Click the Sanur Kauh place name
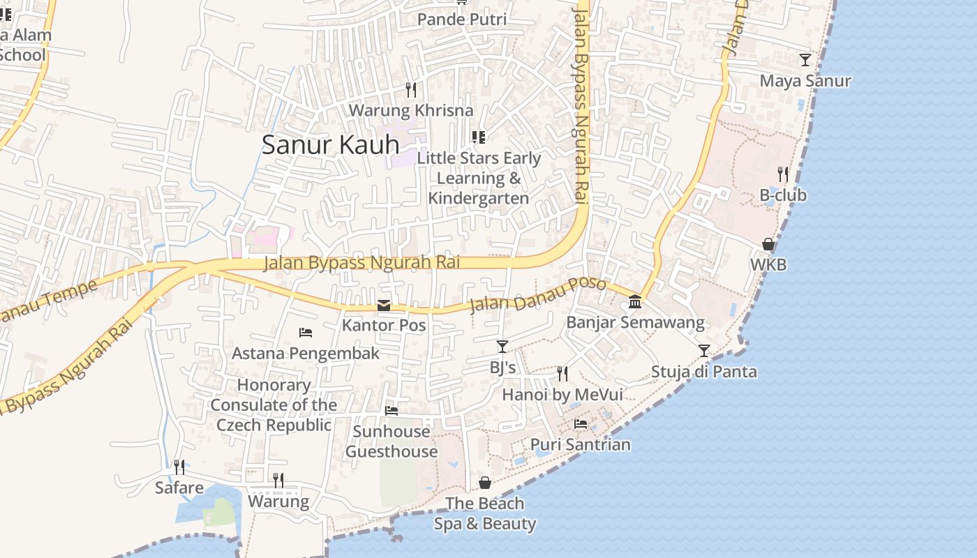330,144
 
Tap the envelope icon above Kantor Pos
384,306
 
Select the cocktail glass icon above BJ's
502,346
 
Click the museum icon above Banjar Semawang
635,302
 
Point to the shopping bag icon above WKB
768,244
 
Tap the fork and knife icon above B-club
783,174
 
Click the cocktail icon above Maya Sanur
805,60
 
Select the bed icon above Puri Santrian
581,424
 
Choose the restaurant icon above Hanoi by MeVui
562,374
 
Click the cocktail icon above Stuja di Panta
704,350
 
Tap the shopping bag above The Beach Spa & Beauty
485,483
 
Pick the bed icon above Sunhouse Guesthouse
391,411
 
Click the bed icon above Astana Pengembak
306,333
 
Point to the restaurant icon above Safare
179,467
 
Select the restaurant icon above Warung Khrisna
411,90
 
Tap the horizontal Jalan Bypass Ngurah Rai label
361,263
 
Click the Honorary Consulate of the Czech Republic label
274,405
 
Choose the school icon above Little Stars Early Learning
478,137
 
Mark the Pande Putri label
462,20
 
